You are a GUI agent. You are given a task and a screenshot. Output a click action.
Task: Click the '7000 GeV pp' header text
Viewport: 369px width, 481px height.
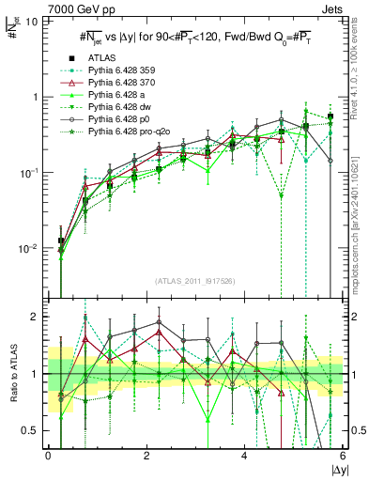39,8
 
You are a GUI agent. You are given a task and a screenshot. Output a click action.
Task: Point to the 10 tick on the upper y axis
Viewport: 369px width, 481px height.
31,21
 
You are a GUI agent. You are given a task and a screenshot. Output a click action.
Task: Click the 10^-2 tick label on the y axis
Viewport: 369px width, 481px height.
28,249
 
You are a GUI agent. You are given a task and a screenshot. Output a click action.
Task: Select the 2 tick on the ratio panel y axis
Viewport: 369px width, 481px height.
34,317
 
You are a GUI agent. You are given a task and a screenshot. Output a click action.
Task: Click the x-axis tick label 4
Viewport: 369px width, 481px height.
244,457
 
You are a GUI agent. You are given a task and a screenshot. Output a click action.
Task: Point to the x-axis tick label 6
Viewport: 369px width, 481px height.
342,457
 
